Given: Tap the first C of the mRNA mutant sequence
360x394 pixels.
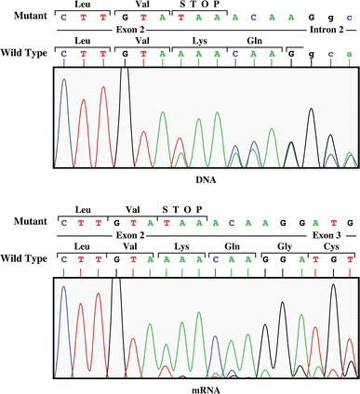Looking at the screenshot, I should (64, 223).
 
